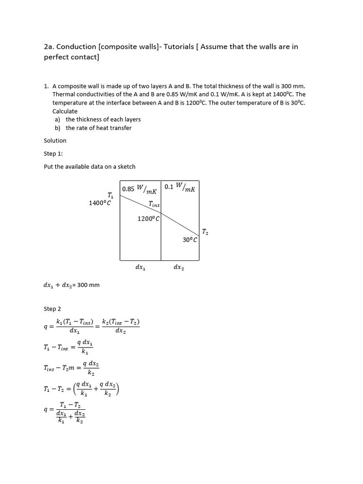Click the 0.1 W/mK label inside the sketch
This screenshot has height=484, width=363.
180,187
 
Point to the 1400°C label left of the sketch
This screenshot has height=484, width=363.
100,203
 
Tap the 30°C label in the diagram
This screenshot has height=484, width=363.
190,240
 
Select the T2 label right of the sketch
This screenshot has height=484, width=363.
205,232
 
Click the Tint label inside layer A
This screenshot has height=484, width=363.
154,204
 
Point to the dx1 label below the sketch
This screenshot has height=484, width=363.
140,267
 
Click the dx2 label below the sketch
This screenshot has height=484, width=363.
179,267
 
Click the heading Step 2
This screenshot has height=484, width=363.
52,309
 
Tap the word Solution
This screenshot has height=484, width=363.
55,140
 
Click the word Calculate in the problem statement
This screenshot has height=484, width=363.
65,111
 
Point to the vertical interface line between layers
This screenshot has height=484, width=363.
161,236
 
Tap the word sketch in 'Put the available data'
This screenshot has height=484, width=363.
126,166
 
